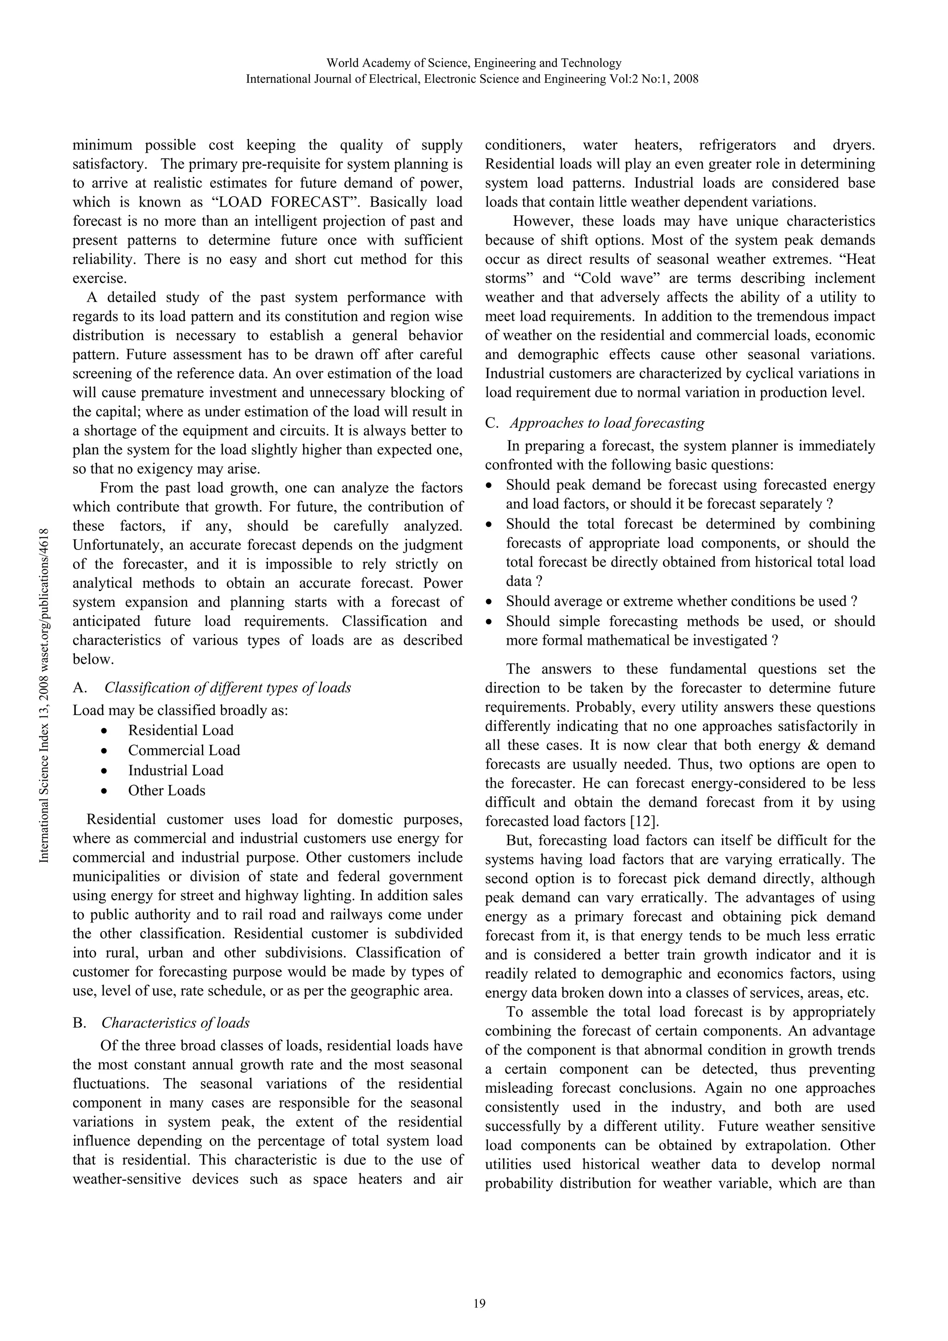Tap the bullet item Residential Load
(181, 730)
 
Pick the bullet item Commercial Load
(184, 750)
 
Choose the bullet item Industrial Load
(176, 770)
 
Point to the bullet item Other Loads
(167, 790)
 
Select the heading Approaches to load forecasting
(607, 423)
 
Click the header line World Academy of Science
(474, 62)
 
